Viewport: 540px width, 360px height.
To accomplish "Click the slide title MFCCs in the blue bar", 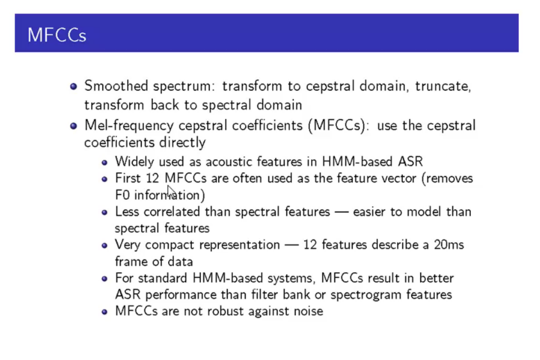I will point(56,35).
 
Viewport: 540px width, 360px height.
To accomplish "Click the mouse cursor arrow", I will point(171,189).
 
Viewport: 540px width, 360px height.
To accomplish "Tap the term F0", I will point(122,195).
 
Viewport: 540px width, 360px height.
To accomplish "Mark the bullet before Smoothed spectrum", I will point(73,86).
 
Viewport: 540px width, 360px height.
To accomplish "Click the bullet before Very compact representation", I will point(105,245).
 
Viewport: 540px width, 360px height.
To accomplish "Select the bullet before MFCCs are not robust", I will point(105,311).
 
